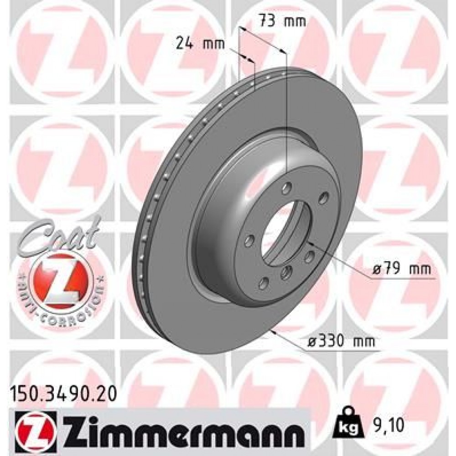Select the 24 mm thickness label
(200, 44)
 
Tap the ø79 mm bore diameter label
(401, 269)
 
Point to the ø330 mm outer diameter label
(340, 340)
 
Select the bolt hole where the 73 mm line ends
(286, 187)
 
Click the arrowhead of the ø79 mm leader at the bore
(311, 242)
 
